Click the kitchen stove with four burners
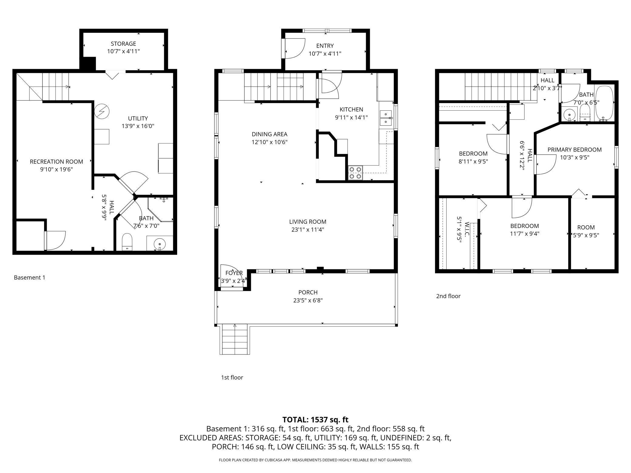(x=355, y=173)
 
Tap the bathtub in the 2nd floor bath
(x=604, y=104)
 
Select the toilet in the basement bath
(x=127, y=242)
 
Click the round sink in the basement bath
(x=160, y=243)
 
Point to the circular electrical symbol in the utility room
(x=102, y=111)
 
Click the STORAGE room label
(x=123, y=44)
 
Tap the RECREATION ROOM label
(x=56, y=162)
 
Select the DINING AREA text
(x=269, y=134)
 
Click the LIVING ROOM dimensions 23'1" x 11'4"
(x=308, y=230)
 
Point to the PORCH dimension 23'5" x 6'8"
(x=308, y=300)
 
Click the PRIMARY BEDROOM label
(x=575, y=149)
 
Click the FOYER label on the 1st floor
(x=234, y=273)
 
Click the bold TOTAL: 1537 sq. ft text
(x=315, y=420)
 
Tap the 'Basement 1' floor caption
(x=29, y=277)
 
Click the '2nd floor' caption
(x=448, y=296)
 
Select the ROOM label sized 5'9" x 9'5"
(x=586, y=227)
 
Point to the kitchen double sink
(x=386, y=118)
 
